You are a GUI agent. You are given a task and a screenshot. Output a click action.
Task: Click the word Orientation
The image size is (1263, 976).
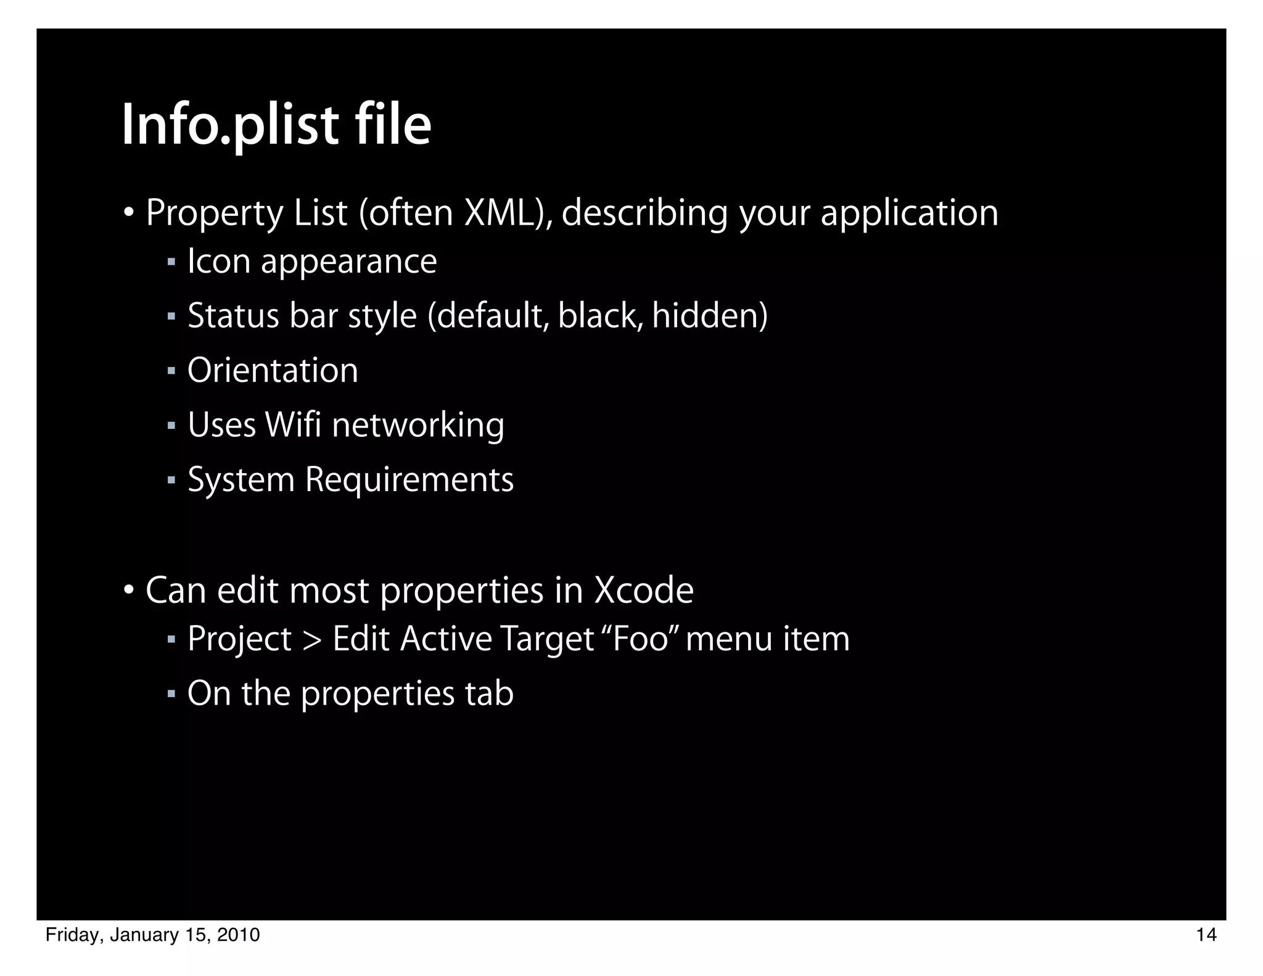coord(272,371)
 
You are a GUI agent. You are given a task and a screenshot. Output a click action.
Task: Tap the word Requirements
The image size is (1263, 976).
coord(409,479)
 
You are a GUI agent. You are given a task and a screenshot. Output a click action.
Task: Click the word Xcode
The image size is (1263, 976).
coord(643,590)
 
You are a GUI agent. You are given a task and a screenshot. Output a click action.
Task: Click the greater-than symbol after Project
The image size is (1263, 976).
coord(312,639)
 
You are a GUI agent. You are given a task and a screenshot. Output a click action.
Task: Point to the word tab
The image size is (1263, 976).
coord(488,693)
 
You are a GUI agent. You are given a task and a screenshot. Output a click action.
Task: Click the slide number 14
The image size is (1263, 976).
coord(1206,935)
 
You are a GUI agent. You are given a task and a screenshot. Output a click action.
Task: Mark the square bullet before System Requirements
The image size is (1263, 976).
coord(171,479)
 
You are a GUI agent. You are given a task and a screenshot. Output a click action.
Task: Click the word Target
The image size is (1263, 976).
coord(546,639)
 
